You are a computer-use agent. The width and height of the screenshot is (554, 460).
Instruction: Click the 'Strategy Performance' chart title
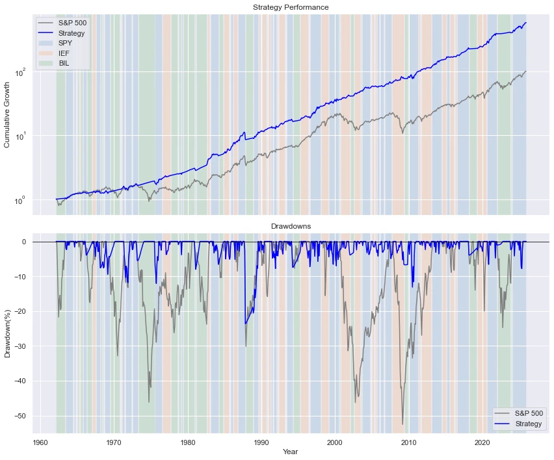point(291,7)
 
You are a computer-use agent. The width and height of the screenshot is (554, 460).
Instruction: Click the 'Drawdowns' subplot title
point(291,225)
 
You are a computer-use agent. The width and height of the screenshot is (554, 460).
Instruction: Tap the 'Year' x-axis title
point(291,452)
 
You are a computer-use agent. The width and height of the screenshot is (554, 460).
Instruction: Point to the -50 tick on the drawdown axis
point(20,416)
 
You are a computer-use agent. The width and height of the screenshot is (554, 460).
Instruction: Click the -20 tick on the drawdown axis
point(20,311)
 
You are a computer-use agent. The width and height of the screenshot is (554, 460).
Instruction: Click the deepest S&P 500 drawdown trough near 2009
point(402,424)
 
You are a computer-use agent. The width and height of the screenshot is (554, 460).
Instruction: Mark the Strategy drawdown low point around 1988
point(245,324)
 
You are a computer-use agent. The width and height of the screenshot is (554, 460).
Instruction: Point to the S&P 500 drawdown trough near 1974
point(149,402)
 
